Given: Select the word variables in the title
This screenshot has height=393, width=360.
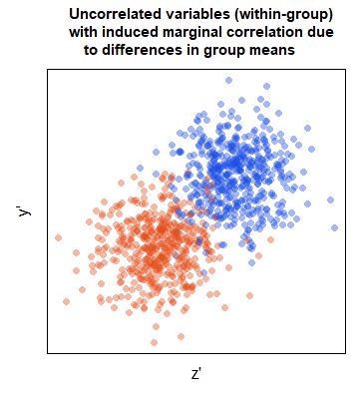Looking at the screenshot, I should point(194,15).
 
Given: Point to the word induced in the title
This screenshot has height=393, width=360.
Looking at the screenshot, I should point(131,33).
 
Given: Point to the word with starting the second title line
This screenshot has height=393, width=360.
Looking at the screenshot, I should point(85,33).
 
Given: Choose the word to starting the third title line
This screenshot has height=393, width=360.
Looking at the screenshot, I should point(81,51).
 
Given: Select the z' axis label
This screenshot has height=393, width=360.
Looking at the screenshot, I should point(196,374).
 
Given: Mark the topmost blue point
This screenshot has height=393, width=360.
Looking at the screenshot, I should point(228,80).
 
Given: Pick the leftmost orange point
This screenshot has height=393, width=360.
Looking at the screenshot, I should point(58,237).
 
